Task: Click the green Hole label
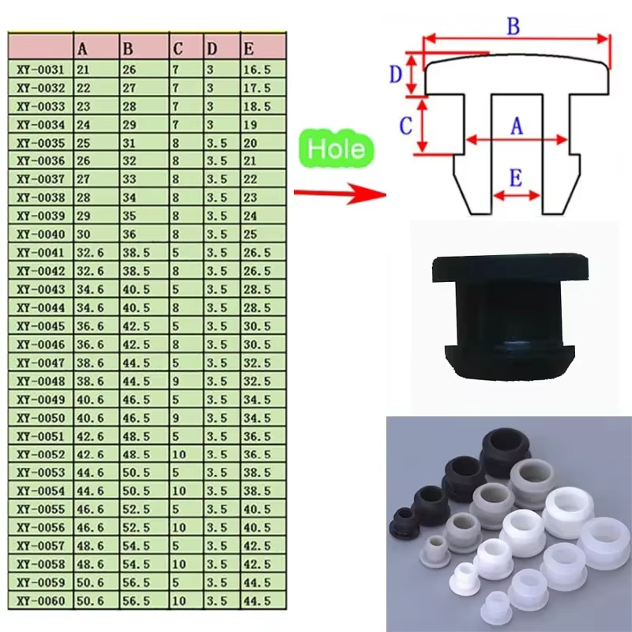click(337, 149)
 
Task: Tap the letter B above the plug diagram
click(513, 26)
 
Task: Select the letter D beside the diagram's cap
click(396, 74)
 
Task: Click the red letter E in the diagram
click(515, 179)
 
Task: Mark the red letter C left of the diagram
click(404, 125)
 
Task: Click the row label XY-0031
click(40, 70)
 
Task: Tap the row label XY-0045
click(40, 325)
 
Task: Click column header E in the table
click(250, 49)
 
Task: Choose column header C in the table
click(178, 49)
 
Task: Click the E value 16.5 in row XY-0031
click(258, 70)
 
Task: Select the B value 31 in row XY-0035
click(129, 143)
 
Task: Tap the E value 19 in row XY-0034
click(250, 125)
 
